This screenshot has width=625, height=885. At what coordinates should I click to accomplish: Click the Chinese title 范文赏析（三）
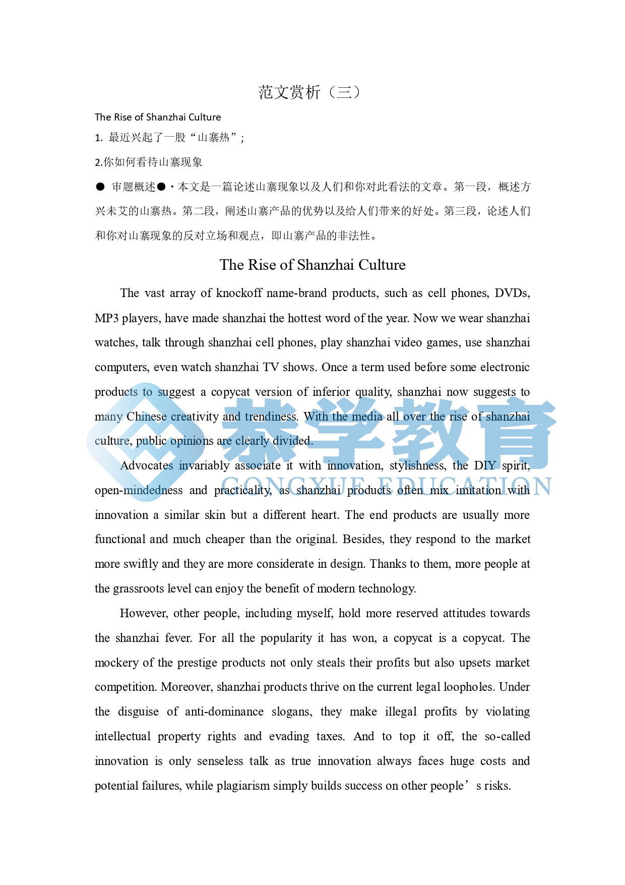[x=309, y=92]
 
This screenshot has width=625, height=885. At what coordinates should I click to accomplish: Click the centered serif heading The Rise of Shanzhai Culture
[x=312, y=265]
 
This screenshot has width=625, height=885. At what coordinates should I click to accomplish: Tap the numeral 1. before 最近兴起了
[x=99, y=138]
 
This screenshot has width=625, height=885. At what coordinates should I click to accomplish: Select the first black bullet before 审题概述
[x=100, y=187]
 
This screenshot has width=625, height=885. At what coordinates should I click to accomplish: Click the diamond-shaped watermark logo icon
[x=147, y=442]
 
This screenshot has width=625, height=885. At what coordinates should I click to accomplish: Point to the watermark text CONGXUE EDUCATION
[x=386, y=486]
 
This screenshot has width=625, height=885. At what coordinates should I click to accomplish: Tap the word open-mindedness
[x=139, y=490]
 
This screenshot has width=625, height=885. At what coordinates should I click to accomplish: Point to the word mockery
[x=116, y=663]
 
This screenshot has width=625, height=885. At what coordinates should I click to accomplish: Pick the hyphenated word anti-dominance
[x=224, y=712]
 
